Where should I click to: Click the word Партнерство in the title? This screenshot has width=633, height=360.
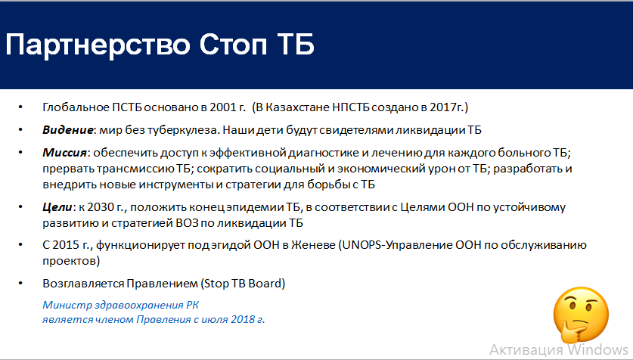pos(98,45)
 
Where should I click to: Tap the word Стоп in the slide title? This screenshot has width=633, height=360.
pos(233,44)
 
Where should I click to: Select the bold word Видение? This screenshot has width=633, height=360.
pos(68,130)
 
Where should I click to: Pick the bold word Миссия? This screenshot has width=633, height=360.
pos(65,153)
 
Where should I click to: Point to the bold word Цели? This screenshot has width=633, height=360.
pos(57,207)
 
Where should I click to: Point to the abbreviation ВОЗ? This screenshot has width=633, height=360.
pos(187,223)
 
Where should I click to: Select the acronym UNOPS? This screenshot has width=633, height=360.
pos(361,245)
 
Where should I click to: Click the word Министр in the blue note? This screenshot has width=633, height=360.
pos(67,305)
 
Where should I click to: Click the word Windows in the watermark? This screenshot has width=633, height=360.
pos(598,349)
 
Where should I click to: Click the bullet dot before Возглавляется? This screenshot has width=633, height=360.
pos(20,284)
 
